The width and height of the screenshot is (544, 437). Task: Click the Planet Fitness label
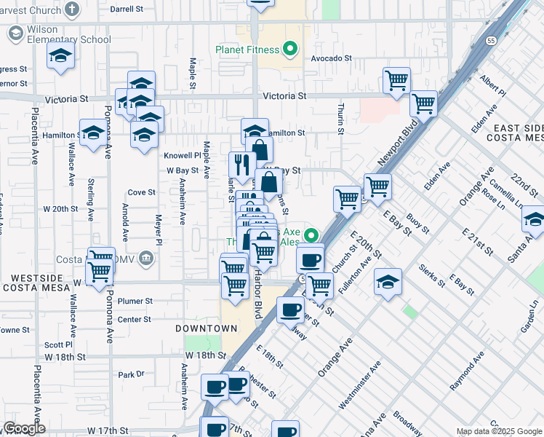point(247,50)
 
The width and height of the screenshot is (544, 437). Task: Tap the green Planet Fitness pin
point(290,50)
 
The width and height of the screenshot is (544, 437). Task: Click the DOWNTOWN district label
point(196,329)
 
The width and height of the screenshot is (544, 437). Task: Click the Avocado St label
point(331,58)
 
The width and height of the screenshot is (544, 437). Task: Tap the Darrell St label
point(127,9)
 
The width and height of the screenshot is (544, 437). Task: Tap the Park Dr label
point(132,374)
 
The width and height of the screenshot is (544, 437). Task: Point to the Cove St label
point(142,192)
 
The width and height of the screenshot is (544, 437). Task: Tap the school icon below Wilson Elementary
point(61,55)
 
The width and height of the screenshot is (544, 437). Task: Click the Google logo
point(24,428)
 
